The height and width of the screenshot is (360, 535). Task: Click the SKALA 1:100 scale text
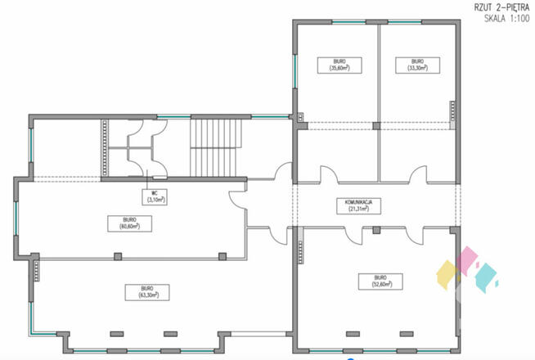click(501, 18)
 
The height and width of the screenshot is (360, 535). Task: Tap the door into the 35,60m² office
click(329, 174)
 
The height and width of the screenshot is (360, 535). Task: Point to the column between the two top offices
click(376, 125)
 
